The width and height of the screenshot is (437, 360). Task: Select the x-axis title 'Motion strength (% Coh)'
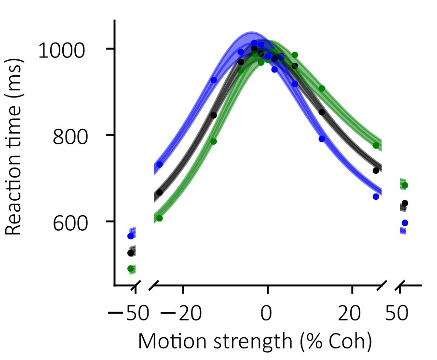[x=255, y=342]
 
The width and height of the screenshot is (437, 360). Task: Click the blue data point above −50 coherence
[x=130, y=236]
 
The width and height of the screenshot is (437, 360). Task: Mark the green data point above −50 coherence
[x=130, y=268]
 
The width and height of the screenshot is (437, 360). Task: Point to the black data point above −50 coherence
[x=130, y=253]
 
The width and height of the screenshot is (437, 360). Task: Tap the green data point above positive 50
[x=405, y=185]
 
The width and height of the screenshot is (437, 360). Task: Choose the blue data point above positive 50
[x=405, y=223]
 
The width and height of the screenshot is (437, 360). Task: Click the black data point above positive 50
[x=405, y=203]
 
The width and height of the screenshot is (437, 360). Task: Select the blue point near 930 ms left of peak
[x=214, y=80]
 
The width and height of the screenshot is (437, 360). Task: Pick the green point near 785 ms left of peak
[x=214, y=141]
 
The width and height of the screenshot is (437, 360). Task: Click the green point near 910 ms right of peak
[x=322, y=88]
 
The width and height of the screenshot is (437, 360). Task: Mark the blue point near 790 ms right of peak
[x=322, y=139]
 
